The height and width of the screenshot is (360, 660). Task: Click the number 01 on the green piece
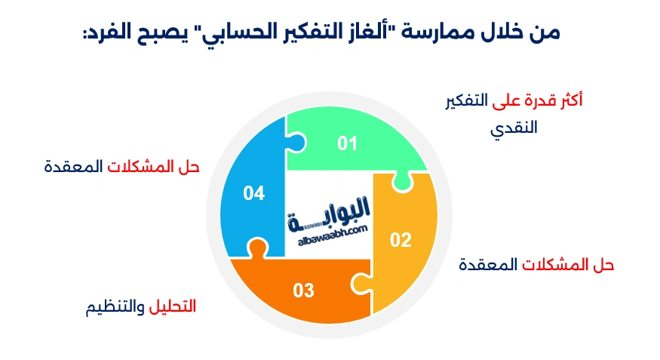coord(346,143)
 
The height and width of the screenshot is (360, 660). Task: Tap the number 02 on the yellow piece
coord(400,240)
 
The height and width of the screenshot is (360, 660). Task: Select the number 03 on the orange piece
coord(303,290)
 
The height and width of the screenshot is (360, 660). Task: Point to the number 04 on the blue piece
coord(253,194)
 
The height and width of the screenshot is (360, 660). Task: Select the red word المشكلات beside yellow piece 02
coord(554,265)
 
